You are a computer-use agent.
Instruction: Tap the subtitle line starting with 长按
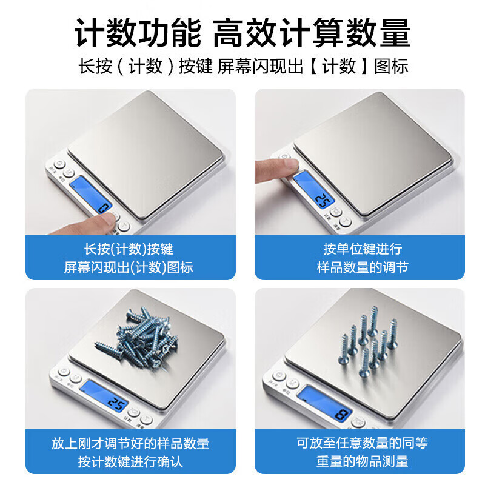pyautogui.click(x=242, y=66)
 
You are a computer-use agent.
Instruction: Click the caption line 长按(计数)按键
pyautogui.click(x=129, y=249)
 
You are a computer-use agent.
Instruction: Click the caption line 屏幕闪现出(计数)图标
pyautogui.click(x=129, y=267)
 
